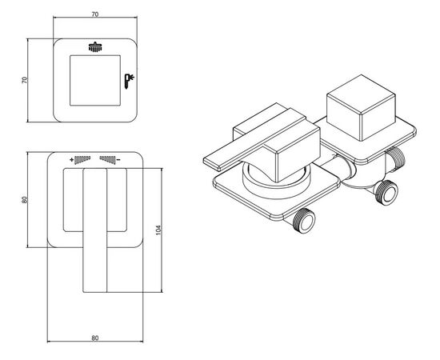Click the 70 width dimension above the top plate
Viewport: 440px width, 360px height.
pyautogui.click(x=95, y=14)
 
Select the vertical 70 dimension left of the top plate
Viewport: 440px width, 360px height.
pyautogui.click(x=25, y=80)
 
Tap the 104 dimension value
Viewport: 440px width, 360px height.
pyautogui.click(x=159, y=230)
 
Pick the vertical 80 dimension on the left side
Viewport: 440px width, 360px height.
pyautogui.click(x=25, y=200)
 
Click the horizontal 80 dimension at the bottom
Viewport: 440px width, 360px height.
pyautogui.click(x=95, y=338)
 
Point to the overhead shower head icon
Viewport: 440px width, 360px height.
pyautogui.click(x=95, y=47)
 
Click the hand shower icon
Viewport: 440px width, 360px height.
pyautogui.click(x=129, y=82)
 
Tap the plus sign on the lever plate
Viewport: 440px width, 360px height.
pyautogui.click(x=72, y=160)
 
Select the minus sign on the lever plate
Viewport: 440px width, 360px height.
pyautogui.click(x=118, y=160)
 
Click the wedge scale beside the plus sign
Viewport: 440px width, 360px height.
pyautogui.click(x=82, y=159)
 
